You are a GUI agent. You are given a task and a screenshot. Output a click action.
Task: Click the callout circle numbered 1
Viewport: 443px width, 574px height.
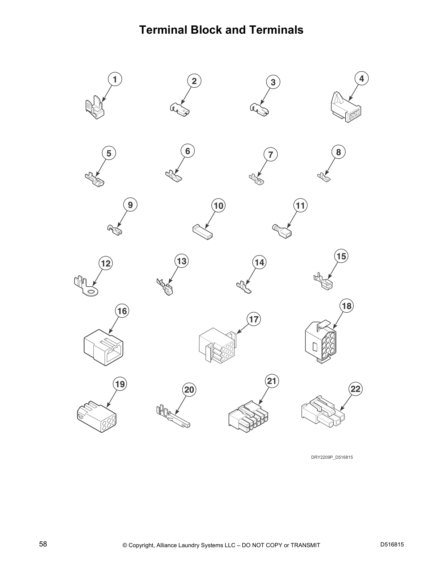115,79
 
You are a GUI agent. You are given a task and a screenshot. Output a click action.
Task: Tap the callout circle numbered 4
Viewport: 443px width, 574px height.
362,78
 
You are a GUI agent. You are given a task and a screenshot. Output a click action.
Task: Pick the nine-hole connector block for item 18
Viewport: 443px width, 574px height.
321,342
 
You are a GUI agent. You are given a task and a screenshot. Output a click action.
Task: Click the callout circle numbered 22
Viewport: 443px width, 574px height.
356,389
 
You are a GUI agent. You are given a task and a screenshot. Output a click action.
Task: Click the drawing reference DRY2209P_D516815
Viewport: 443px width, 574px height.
332,457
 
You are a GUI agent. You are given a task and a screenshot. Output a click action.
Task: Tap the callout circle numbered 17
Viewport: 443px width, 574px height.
254,319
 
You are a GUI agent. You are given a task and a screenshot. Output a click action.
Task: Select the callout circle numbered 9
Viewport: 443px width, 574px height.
130,205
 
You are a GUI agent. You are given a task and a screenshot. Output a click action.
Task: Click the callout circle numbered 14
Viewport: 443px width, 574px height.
260,262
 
